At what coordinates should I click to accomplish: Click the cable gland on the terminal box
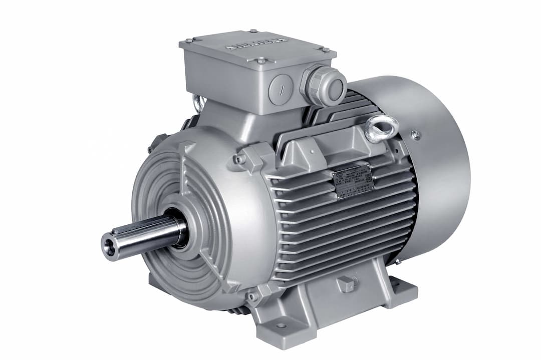[x=326, y=86]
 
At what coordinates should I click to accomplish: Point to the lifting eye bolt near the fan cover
[x=381, y=127]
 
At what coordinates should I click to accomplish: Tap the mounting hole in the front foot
[x=282, y=325]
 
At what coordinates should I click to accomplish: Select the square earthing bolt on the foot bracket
[x=347, y=284]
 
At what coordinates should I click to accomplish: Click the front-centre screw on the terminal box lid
[x=261, y=61]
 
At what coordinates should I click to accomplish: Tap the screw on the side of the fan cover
[x=415, y=134]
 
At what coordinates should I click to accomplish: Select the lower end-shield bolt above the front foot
[x=252, y=296]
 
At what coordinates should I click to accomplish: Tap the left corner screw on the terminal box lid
[x=189, y=40]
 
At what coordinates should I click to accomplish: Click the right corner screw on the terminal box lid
[x=325, y=50]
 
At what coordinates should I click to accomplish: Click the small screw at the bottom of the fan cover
[x=397, y=261]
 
